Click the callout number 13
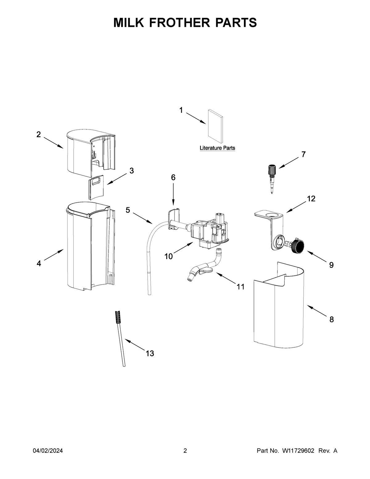coord(150,353)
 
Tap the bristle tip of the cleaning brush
coord(117,317)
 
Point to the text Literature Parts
coord(217,148)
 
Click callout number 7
coord(303,155)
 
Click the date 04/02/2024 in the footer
coord(48,451)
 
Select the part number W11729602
coord(298,451)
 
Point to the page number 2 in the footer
coord(185,451)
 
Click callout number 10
coord(168,256)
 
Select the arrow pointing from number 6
coord(173,194)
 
